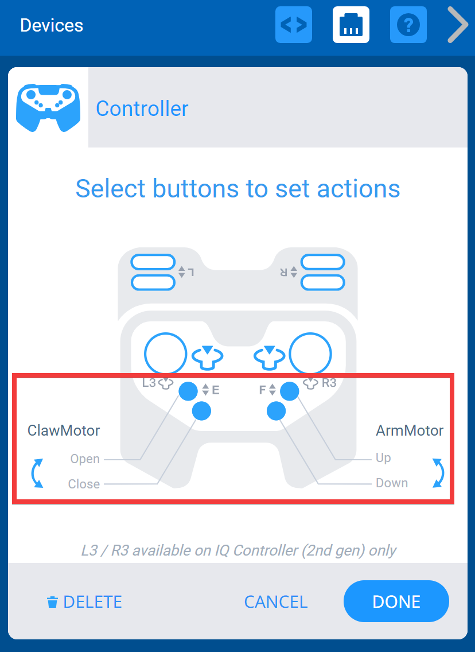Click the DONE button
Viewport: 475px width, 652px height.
(x=396, y=601)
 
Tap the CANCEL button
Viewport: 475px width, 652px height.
(x=276, y=601)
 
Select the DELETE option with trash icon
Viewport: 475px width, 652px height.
(x=84, y=601)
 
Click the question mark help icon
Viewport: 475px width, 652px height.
(x=408, y=25)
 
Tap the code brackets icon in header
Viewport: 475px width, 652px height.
(x=294, y=25)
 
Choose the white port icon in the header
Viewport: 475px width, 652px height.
(x=351, y=25)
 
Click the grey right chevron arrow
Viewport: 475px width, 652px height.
(x=457, y=25)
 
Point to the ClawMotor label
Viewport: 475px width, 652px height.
(x=64, y=430)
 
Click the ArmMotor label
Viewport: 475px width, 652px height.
(x=410, y=430)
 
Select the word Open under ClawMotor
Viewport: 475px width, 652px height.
(x=85, y=459)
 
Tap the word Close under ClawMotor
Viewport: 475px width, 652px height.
(x=84, y=484)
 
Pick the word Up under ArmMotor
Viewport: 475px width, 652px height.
(x=383, y=458)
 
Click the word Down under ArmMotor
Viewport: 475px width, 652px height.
(x=392, y=483)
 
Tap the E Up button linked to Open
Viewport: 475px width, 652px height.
(x=188, y=391)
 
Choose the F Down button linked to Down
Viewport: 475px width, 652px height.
(x=277, y=410)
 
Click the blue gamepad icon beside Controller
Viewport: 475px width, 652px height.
(x=48, y=107)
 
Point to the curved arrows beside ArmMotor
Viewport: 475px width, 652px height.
(x=438, y=473)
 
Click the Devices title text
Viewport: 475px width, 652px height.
(x=52, y=25)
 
